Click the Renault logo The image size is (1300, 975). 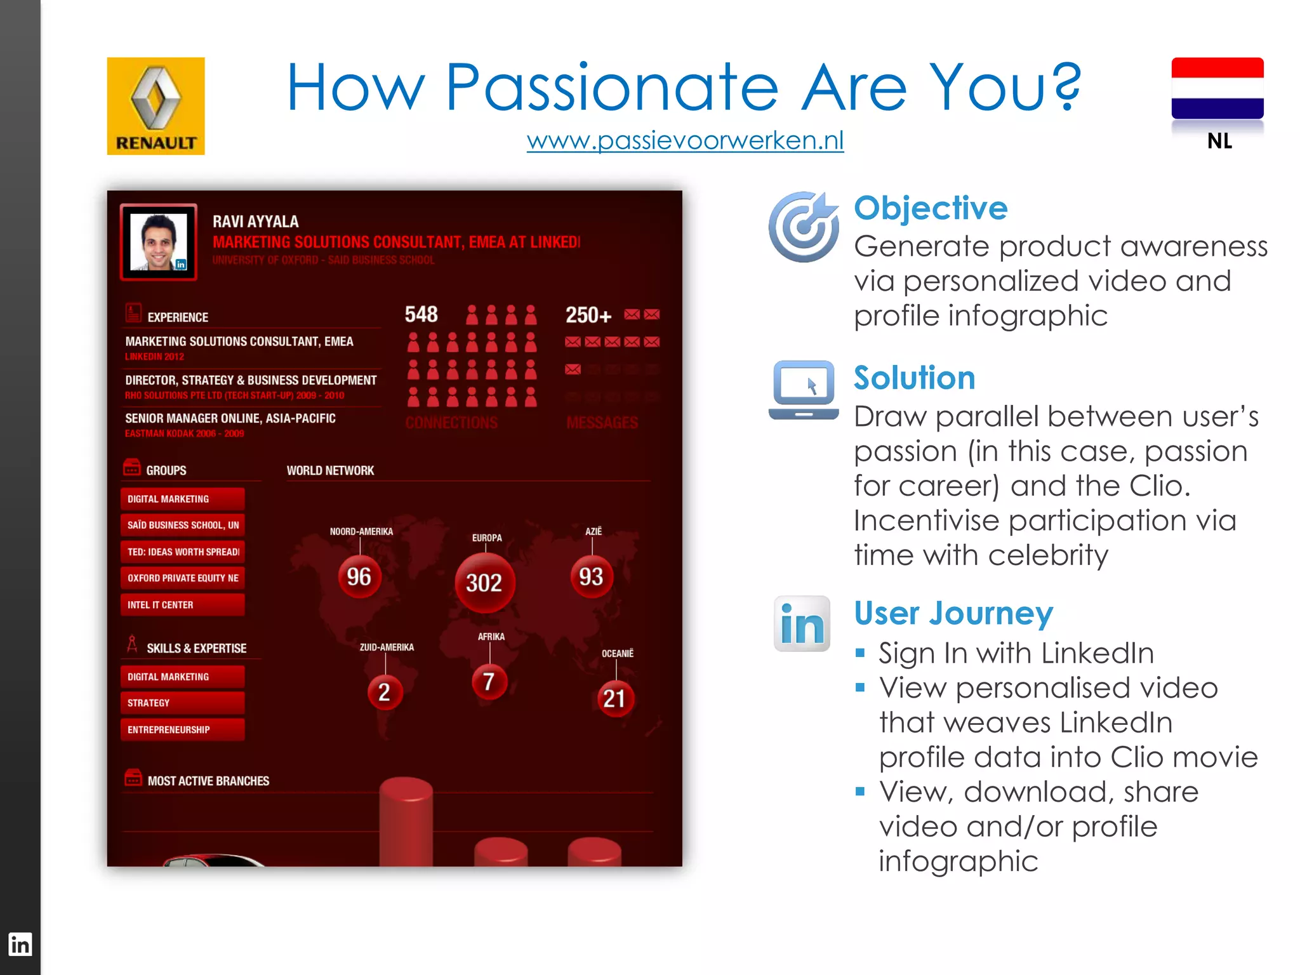point(156,106)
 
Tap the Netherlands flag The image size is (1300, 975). point(1217,88)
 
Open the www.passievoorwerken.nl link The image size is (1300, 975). point(685,140)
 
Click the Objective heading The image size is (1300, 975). point(930,208)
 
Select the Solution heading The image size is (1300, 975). point(914,378)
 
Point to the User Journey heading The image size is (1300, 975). point(953,613)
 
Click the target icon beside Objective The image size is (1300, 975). point(804,227)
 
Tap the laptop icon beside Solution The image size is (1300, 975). point(804,390)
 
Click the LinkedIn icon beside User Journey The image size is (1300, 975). point(802,623)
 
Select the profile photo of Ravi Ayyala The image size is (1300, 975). point(159,242)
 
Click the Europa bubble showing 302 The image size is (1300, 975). point(485,583)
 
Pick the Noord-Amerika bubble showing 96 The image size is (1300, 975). point(359,576)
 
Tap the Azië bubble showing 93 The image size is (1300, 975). point(591,576)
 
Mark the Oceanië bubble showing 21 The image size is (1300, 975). point(614,698)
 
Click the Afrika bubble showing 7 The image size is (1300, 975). point(489,682)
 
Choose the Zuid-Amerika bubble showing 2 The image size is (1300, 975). point(385,692)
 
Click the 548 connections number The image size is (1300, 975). point(421,314)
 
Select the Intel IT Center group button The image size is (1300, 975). point(182,605)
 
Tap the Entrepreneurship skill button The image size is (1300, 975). point(182,730)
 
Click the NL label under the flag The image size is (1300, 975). point(1219,141)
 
